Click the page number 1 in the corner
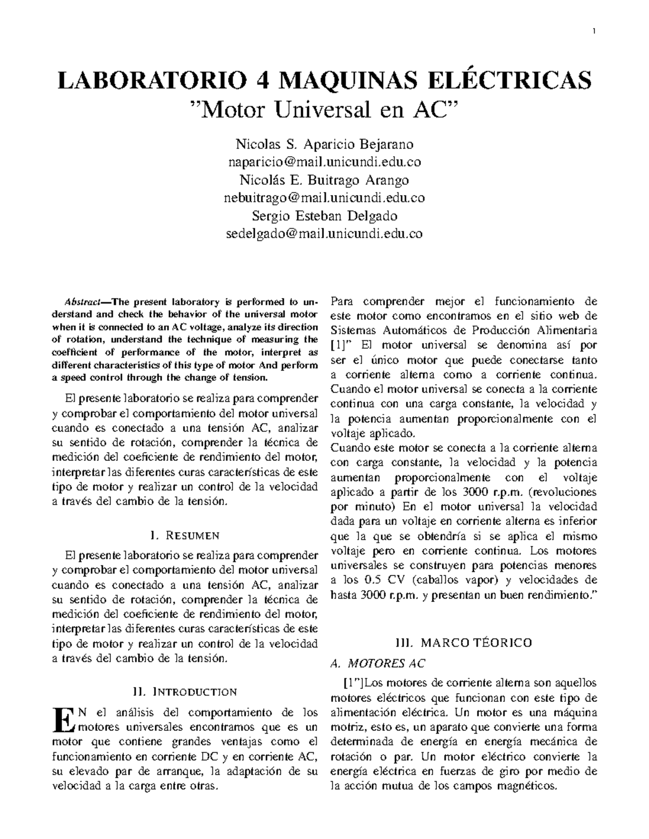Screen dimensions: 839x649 tap(594, 31)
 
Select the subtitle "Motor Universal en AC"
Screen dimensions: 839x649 tap(325, 111)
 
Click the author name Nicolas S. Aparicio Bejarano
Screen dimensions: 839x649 tap(325, 145)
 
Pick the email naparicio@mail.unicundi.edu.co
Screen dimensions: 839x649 tap(325, 162)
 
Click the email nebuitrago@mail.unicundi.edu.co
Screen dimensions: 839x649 tap(325, 198)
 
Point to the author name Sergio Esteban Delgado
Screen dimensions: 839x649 tap(325, 216)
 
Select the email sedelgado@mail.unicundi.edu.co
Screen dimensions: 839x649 tap(325, 234)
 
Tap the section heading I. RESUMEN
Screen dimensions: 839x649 tap(184, 536)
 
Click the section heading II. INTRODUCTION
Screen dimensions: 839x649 tap(184, 692)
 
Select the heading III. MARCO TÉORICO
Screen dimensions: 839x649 tap(463, 643)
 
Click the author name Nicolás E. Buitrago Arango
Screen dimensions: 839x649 tap(325, 180)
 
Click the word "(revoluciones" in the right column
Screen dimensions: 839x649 tap(562, 492)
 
